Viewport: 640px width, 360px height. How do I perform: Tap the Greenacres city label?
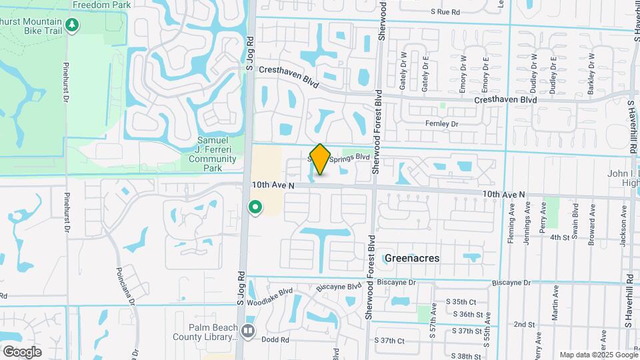[411, 257]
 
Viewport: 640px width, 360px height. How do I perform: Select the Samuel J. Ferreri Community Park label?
[212, 154]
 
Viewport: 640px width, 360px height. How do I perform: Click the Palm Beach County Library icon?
[249, 330]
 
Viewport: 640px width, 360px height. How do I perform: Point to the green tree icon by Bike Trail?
[72, 26]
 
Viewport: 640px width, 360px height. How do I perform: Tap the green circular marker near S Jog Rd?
[255, 208]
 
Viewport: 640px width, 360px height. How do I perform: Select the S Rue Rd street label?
[445, 12]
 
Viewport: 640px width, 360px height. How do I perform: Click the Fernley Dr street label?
[441, 124]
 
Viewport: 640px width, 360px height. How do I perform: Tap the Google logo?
[22, 352]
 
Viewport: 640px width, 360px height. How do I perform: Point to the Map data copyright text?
[599, 355]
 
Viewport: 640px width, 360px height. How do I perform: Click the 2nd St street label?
[521, 324]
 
